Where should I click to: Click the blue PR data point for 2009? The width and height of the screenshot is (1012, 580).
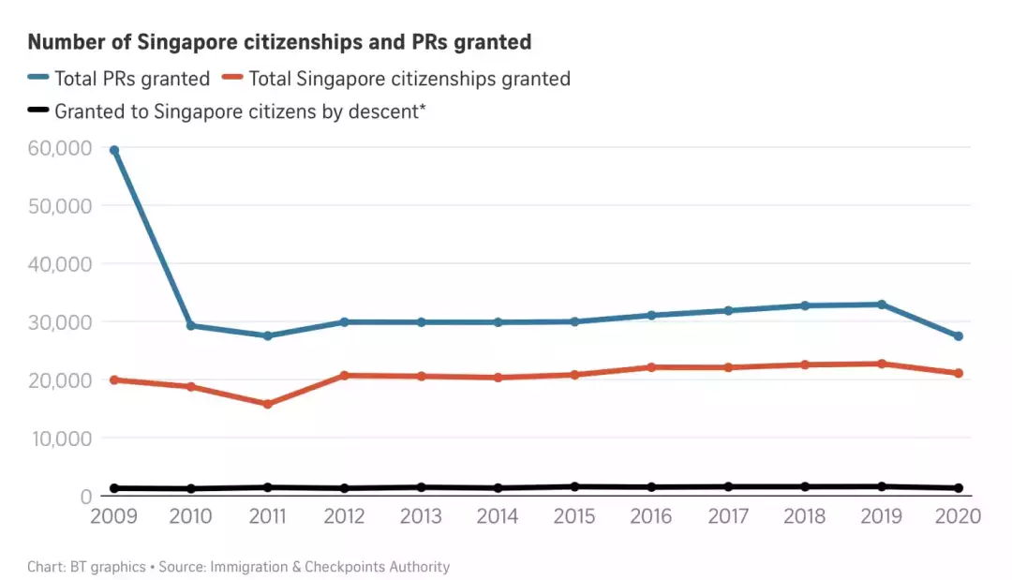(114, 150)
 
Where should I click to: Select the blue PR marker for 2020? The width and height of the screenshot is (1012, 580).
(958, 336)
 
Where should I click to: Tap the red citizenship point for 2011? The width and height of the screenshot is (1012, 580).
(267, 404)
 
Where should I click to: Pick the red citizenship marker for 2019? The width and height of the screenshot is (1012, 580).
(881, 364)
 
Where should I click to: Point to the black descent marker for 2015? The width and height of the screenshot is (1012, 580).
(574, 486)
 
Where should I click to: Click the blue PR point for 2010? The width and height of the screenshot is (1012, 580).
(191, 325)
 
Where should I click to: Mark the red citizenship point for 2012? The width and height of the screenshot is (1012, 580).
(344, 375)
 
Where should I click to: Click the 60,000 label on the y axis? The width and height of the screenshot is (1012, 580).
(59, 148)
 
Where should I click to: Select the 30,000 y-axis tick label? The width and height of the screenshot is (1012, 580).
(59, 322)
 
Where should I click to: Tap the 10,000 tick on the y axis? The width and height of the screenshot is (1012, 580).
(59, 439)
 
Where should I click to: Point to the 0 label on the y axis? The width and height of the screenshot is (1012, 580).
(84, 497)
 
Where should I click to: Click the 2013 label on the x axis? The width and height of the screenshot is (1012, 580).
(421, 517)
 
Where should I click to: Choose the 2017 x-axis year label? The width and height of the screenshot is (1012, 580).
(727, 517)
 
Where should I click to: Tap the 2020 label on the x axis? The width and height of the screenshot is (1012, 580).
(957, 517)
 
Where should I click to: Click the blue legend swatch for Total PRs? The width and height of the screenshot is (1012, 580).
(38, 79)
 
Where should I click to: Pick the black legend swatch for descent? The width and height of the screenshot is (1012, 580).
(38, 111)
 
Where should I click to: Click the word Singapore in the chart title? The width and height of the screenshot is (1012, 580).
(183, 42)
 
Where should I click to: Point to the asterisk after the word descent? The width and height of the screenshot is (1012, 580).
(423, 109)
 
